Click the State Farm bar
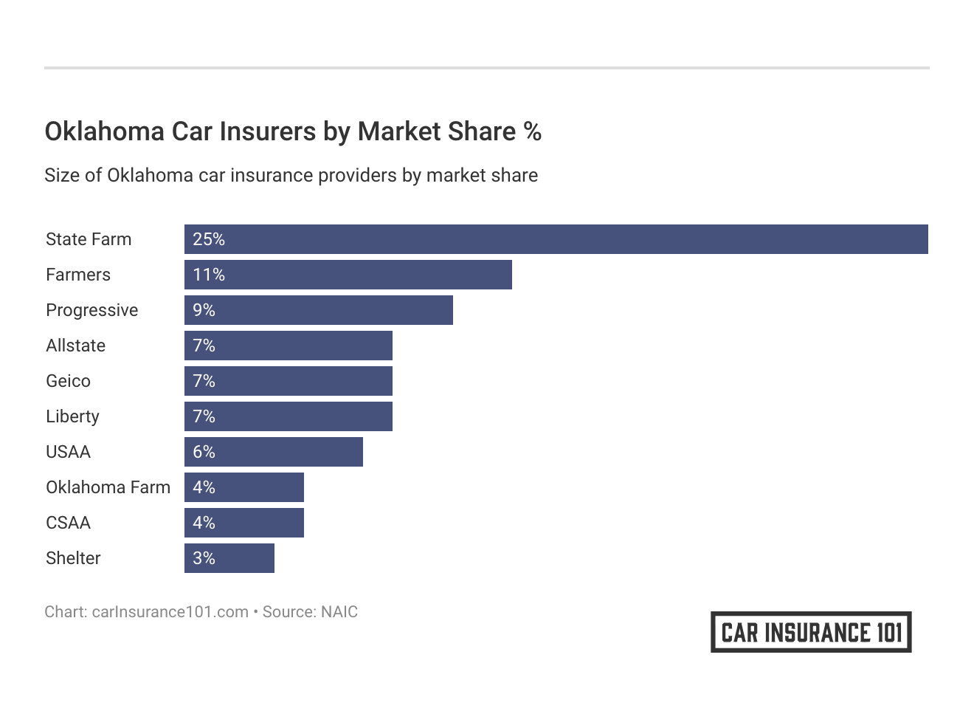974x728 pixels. coord(556,239)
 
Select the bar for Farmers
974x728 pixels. coord(348,275)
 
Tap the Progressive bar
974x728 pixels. coord(318,310)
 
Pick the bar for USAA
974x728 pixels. coord(273,452)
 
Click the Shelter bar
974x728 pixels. coord(229,558)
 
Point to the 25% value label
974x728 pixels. coord(209,239)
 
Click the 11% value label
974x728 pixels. coord(209,275)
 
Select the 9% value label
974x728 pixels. coord(204,310)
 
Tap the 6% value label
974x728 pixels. coord(204,452)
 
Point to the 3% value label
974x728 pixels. coord(204,558)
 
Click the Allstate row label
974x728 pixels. coord(75,346)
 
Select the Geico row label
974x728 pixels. coord(68,381)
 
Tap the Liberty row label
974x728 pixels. coord(72,416)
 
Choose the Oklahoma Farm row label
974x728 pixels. coord(108,487)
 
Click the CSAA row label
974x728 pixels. coord(68,523)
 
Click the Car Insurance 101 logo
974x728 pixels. coord(811,632)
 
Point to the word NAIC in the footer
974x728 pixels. coord(339,612)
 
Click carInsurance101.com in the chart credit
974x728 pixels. coord(170,612)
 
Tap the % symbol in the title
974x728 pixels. coord(532,131)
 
